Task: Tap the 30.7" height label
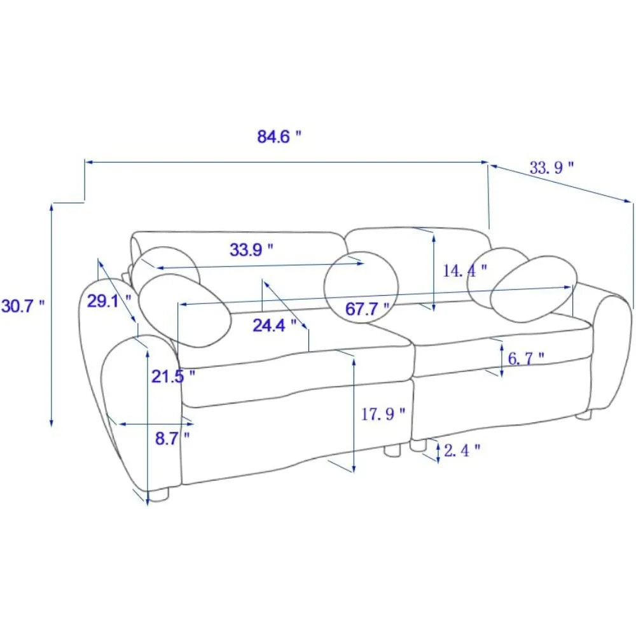pyautogui.click(x=23, y=306)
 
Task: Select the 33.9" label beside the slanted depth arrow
pyautogui.click(x=551, y=167)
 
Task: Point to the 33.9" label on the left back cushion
pyautogui.click(x=251, y=249)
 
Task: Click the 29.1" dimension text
pyautogui.click(x=109, y=301)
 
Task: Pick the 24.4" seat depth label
pyautogui.click(x=275, y=325)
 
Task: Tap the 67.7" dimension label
pyautogui.click(x=368, y=309)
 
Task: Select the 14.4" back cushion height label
pyautogui.click(x=464, y=270)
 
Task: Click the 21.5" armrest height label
pyautogui.click(x=173, y=377)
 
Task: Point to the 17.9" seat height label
pyautogui.click(x=383, y=414)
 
